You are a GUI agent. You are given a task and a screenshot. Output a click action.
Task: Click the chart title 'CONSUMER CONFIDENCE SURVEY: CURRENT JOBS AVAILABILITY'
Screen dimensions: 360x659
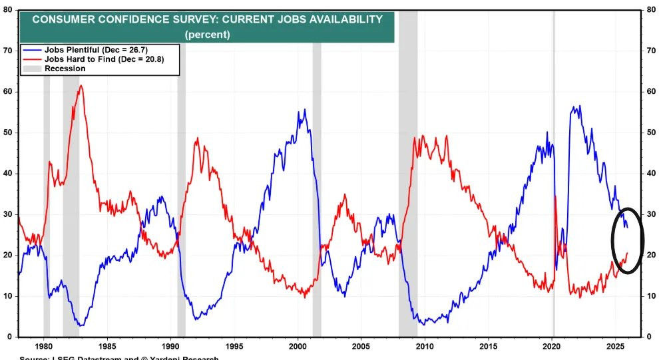[x=207, y=19]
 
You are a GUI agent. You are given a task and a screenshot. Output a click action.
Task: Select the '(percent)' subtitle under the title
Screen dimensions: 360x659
[x=207, y=34]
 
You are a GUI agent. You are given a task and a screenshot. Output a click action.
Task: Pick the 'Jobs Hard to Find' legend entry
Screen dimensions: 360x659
[x=103, y=59]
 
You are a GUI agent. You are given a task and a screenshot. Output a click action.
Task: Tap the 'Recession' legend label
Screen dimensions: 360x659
[x=65, y=69]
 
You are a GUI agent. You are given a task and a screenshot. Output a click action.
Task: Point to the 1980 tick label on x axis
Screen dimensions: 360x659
[x=44, y=347]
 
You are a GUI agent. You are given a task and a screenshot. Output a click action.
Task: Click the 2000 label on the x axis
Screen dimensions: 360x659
[x=298, y=347]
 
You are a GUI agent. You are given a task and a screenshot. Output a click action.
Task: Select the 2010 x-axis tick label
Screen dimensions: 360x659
[x=425, y=347]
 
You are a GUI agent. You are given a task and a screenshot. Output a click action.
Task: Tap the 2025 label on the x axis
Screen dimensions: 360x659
[x=615, y=347]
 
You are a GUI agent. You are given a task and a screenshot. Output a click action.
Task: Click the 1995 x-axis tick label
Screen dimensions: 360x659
[x=234, y=347]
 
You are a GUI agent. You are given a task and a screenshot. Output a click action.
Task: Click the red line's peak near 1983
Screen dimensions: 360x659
[x=81, y=85]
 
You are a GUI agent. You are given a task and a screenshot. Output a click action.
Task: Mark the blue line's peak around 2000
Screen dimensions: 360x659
[x=305, y=110]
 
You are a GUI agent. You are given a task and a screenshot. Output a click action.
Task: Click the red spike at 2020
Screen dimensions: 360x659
[x=555, y=196]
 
